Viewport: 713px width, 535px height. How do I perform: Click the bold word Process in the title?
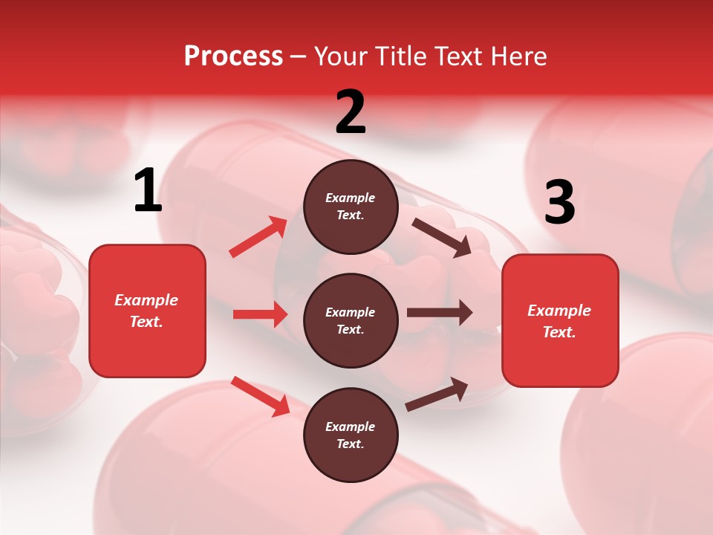(233, 56)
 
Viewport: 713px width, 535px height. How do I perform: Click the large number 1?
(148, 191)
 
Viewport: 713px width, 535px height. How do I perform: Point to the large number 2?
(351, 112)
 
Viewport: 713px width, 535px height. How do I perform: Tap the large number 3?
(559, 203)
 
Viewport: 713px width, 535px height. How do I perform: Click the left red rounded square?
(147, 311)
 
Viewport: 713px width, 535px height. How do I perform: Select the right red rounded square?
(560, 321)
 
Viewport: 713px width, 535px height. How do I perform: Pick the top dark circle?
(351, 207)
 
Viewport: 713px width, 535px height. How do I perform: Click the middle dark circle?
(351, 320)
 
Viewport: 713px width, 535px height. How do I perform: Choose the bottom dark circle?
(351, 435)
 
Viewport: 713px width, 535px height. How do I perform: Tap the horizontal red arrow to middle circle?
(260, 314)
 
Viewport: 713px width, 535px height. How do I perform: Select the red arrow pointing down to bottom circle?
(260, 396)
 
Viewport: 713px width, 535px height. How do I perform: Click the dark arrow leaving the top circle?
(441, 237)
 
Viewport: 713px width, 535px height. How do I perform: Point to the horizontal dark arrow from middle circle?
(440, 313)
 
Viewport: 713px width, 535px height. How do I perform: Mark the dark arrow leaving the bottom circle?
(437, 395)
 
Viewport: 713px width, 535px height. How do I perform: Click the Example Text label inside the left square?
(147, 311)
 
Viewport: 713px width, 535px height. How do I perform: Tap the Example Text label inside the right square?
(560, 321)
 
